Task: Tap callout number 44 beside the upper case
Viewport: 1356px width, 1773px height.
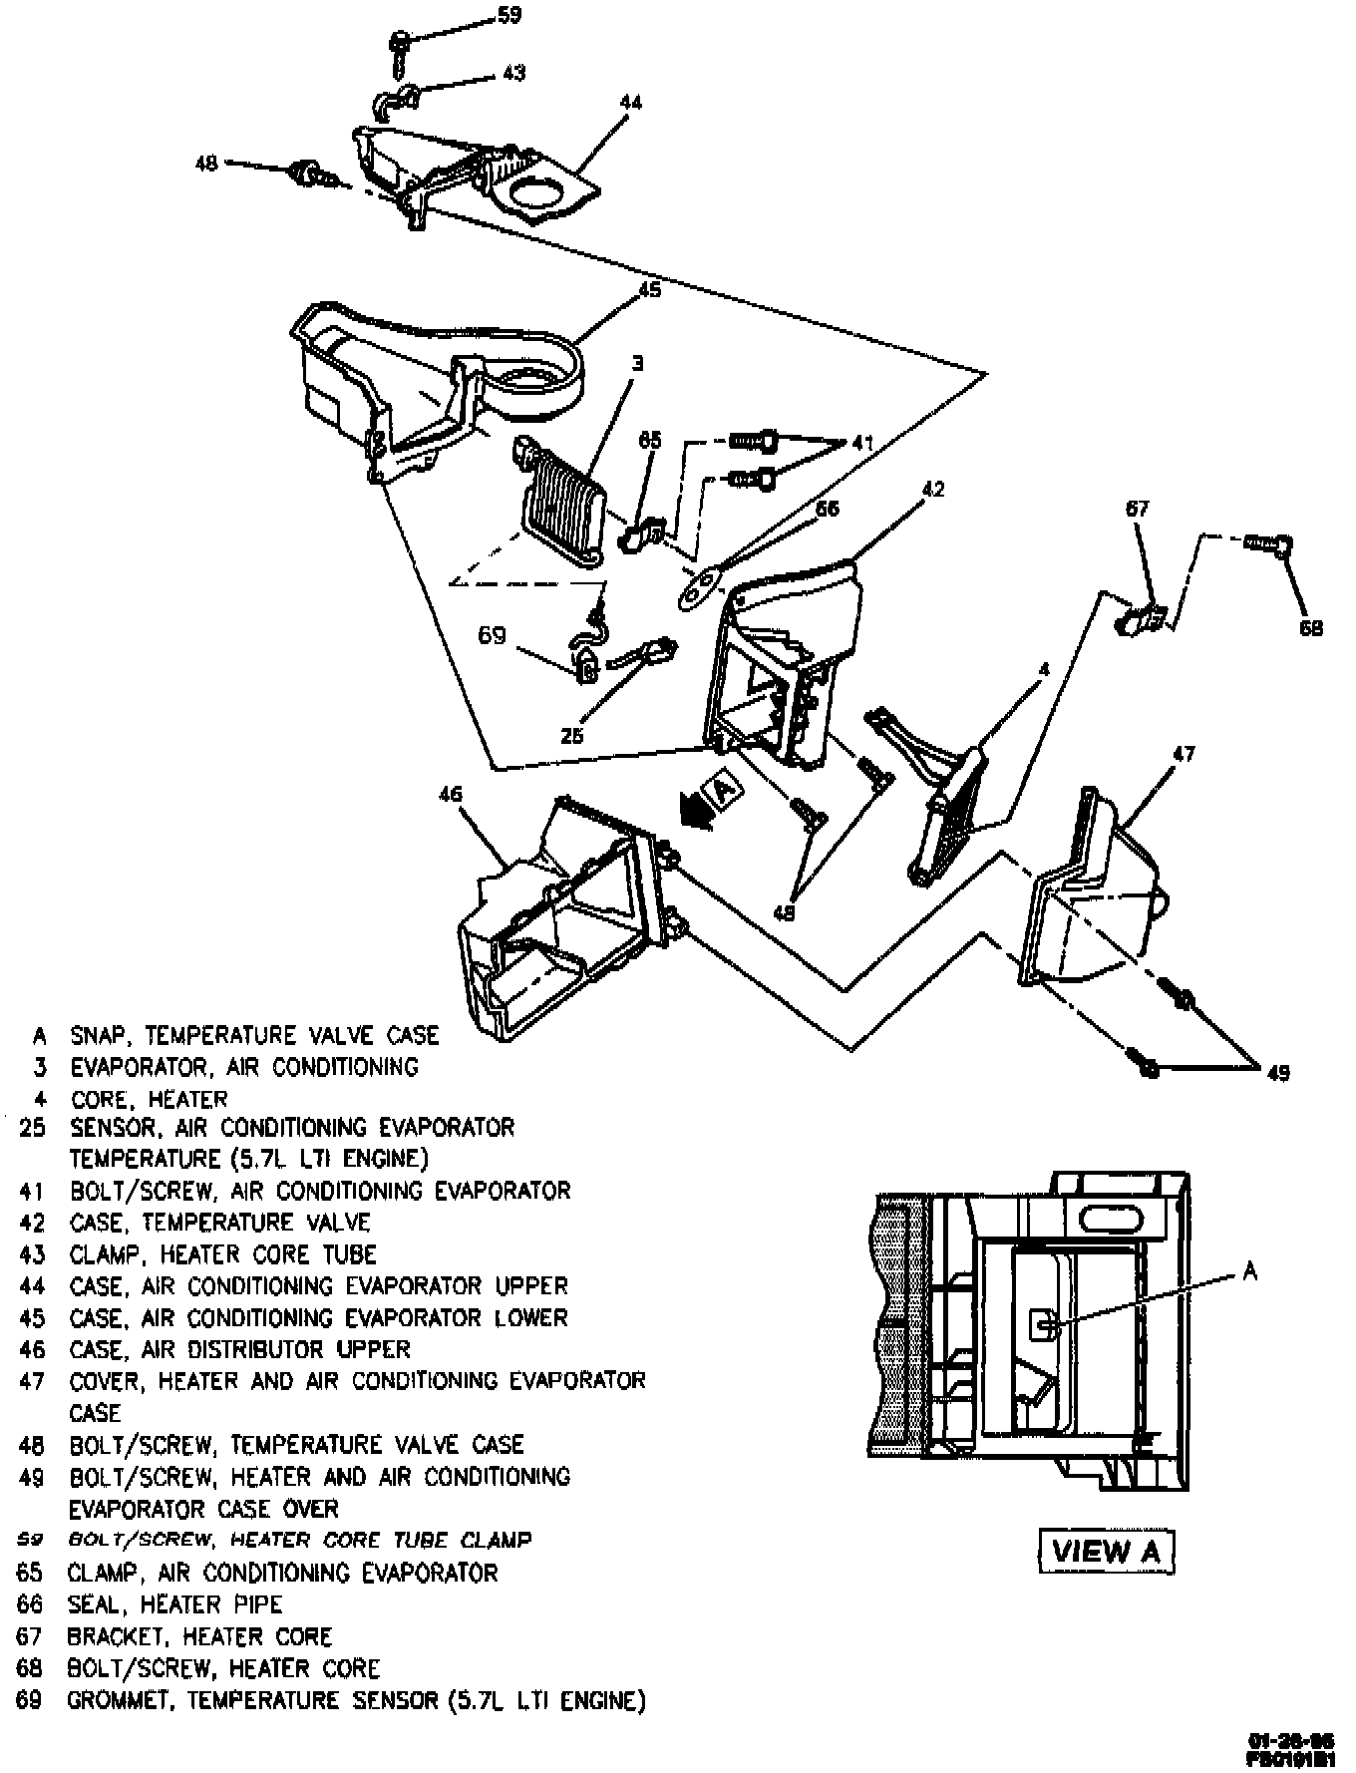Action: [630, 102]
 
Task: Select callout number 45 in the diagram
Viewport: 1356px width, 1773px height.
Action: [649, 290]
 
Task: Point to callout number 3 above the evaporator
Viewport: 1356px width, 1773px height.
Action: [638, 364]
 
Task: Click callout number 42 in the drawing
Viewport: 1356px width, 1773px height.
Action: [932, 490]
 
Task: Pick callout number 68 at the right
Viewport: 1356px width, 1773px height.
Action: [1311, 628]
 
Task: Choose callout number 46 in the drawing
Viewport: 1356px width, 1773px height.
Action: [451, 794]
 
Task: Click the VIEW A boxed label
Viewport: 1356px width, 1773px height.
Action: [1106, 1551]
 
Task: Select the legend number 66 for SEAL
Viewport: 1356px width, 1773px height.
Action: [31, 1604]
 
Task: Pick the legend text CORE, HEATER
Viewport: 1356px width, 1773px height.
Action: [149, 1099]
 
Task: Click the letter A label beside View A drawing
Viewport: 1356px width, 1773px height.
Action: [1250, 1271]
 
